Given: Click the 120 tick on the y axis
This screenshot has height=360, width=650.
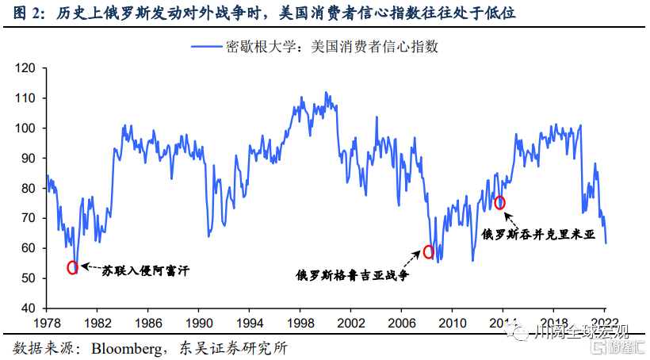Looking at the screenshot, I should pos(26,68).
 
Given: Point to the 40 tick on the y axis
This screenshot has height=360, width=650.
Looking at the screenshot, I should pos(29,308).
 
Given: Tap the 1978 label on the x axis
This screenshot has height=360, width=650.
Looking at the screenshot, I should pos(46,324).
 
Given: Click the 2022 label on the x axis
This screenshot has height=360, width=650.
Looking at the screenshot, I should pos(605,324).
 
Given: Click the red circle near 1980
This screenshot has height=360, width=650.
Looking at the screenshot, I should pos(73,267).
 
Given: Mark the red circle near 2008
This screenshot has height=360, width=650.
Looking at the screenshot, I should pos(429,252).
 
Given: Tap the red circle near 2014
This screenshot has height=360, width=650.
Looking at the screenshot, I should pos(500,203).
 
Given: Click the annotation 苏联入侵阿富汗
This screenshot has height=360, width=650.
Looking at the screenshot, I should pos(145,270).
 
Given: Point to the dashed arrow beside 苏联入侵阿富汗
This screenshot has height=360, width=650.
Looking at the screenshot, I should pos(89,269).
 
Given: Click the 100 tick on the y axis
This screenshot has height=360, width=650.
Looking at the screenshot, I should pos(26,128).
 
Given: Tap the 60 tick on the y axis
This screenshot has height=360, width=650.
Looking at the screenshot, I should pos(29,248).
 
